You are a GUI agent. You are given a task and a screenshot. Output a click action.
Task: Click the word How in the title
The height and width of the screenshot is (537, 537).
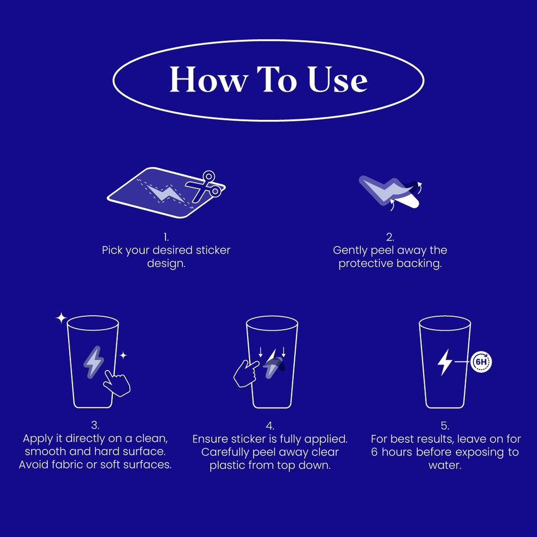point(208,79)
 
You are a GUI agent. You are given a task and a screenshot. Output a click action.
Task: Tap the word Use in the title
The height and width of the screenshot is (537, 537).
point(338,79)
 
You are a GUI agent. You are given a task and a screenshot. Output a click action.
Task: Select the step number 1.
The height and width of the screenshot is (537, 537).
point(166,237)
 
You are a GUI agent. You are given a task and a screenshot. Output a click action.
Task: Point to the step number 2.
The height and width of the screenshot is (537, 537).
point(390,237)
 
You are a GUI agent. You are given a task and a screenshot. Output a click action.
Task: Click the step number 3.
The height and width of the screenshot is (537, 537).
point(95,425)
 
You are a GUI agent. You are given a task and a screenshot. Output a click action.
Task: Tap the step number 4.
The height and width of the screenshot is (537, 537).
point(270,426)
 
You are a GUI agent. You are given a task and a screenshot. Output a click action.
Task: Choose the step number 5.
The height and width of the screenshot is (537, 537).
point(445,426)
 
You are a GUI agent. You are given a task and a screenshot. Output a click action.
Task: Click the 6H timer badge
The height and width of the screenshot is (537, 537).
point(481,361)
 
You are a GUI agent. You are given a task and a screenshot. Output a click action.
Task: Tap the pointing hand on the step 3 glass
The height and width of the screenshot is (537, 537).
point(117,383)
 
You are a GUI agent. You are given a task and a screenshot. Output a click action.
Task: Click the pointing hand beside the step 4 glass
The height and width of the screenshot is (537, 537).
point(246,373)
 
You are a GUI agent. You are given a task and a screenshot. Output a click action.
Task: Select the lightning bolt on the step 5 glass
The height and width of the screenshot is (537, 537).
point(445,362)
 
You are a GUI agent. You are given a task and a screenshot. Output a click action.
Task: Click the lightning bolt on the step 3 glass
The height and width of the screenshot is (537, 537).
point(93,362)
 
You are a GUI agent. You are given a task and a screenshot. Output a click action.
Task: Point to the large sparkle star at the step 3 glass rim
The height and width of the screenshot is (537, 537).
point(61,318)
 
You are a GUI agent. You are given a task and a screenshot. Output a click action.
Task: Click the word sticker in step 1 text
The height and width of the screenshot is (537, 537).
point(213,250)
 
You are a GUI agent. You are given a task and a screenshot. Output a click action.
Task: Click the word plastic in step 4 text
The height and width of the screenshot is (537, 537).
point(226,465)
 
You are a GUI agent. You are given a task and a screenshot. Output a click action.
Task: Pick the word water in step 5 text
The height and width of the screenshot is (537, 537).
point(444,465)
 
